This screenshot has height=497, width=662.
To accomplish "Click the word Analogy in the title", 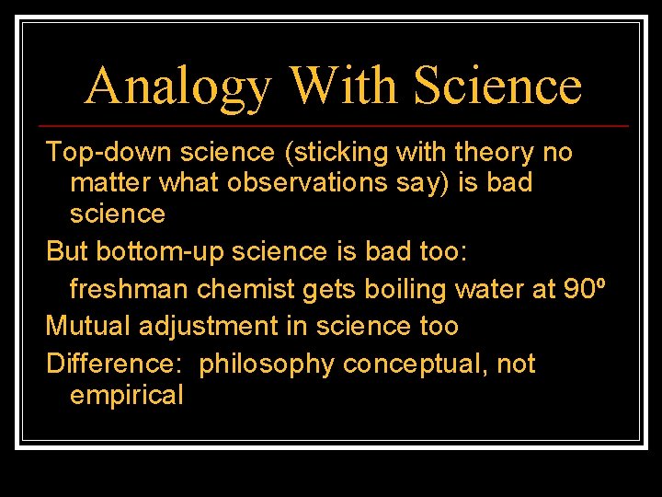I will [x=178, y=87].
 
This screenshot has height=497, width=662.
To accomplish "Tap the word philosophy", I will [x=267, y=364].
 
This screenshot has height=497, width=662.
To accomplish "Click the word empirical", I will [x=127, y=396].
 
